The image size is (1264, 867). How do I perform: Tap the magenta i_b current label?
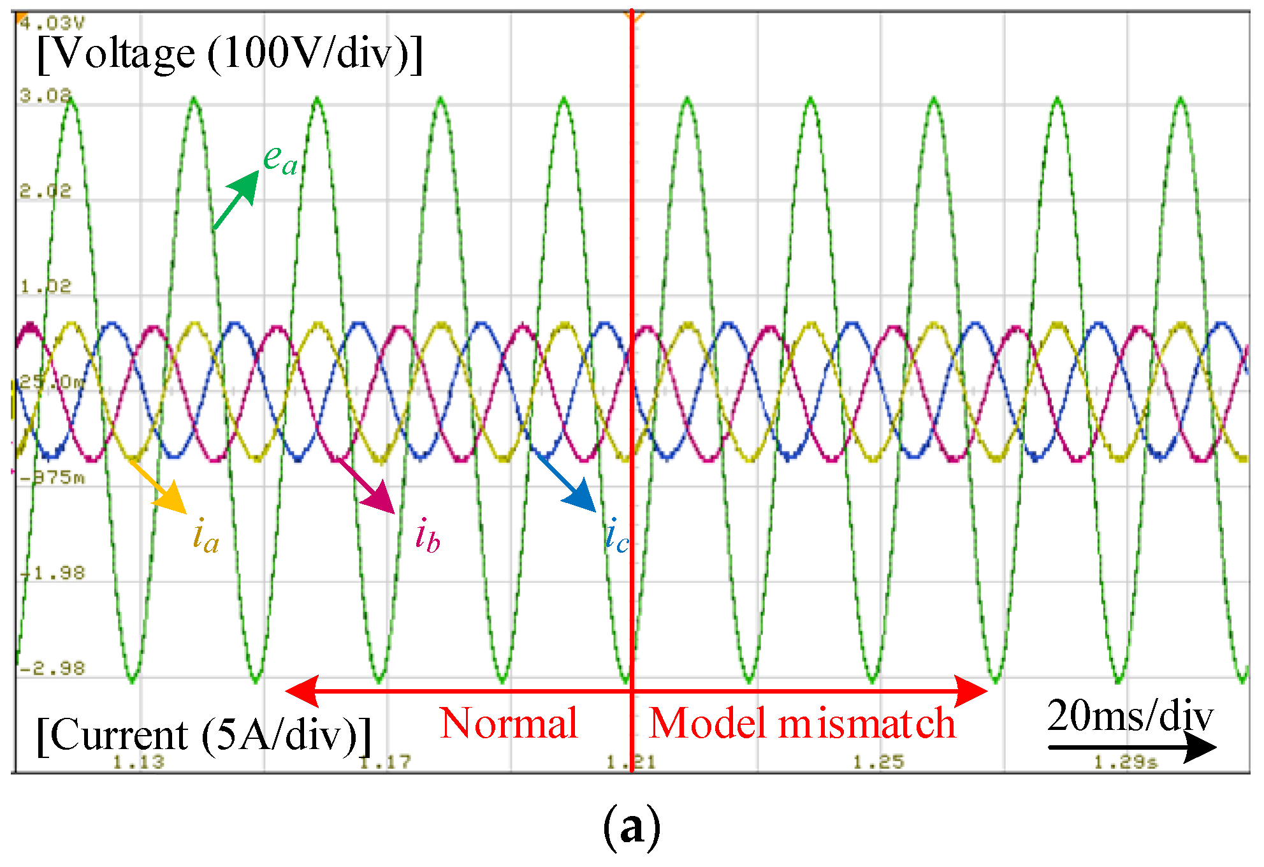(427, 535)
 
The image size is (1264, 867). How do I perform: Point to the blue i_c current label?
(616, 535)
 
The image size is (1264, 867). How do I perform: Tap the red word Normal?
(509, 724)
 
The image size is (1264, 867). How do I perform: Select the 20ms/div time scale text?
(1130, 715)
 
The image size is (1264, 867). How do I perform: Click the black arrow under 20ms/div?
(1131, 747)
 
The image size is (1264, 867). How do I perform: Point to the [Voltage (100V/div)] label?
(229, 54)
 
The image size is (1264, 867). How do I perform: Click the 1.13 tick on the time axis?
(138, 762)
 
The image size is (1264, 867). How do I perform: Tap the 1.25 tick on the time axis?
(878, 762)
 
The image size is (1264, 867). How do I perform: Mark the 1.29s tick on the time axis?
(1126, 762)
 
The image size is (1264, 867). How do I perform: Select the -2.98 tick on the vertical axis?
(52, 669)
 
